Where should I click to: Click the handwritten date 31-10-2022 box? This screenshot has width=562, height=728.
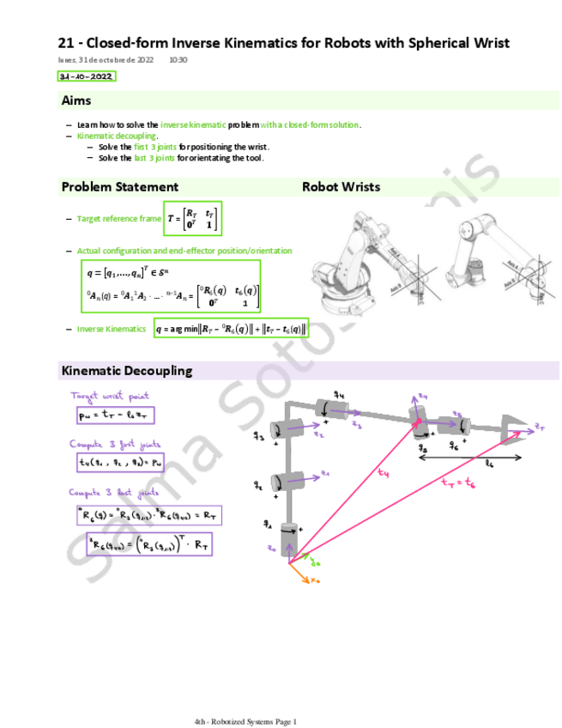[86, 76]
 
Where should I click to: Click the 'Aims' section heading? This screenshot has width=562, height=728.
[76, 101]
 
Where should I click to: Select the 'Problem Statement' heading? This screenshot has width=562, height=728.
[120, 186]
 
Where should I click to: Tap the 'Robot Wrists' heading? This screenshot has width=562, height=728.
[341, 186]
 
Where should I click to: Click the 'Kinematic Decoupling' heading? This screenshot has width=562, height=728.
[127, 371]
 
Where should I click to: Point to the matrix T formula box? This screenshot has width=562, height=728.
[193, 219]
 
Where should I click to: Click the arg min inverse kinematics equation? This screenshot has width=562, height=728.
[231, 329]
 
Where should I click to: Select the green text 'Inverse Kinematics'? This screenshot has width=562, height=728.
[112, 329]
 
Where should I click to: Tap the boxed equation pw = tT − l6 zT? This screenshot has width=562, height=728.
[114, 416]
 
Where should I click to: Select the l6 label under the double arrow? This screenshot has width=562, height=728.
[489, 464]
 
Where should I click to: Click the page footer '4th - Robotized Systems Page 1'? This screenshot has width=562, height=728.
[245, 722]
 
